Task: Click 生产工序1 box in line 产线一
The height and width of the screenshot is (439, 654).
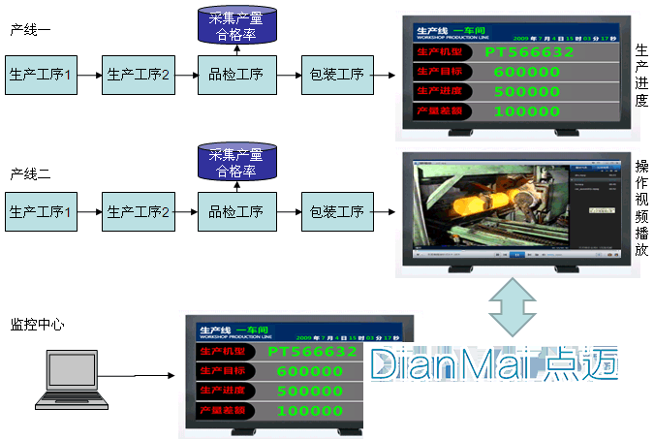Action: tap(41, 74)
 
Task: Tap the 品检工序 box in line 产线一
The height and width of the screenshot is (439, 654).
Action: tap(235, 74)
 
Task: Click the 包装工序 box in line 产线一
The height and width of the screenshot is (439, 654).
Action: tap(336, 74)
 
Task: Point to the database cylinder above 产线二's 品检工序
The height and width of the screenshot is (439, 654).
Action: tap(236, 163)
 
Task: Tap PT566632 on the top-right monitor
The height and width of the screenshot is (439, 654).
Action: tap(529, 51)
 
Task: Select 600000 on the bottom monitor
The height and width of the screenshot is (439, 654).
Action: tap(309, 370)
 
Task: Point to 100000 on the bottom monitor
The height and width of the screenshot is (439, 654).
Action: tap(309, 411)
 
